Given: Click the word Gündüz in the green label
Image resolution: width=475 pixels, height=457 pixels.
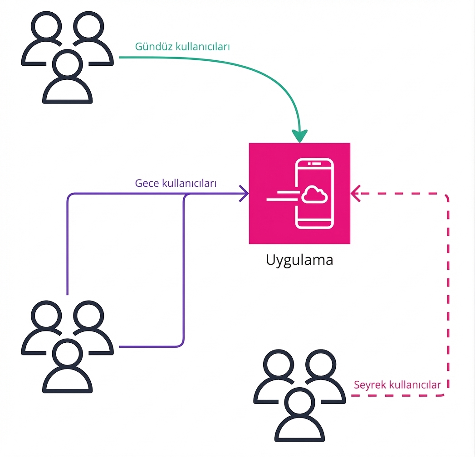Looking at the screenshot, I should point(154,47).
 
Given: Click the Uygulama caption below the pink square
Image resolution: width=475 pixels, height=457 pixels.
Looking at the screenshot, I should point(299,261).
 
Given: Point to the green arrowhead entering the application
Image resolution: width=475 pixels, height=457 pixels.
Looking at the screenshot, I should point(299,135).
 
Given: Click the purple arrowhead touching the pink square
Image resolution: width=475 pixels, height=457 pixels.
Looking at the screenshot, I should point(244,194).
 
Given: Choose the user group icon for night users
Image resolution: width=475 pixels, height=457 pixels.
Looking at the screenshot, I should point(67,347).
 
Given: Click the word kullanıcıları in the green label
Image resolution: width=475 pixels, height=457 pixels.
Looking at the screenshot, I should point(205,47).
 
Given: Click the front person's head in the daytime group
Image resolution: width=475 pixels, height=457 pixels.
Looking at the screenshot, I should point(67,64).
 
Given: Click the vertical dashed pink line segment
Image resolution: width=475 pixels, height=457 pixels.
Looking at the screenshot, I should point(448,295).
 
